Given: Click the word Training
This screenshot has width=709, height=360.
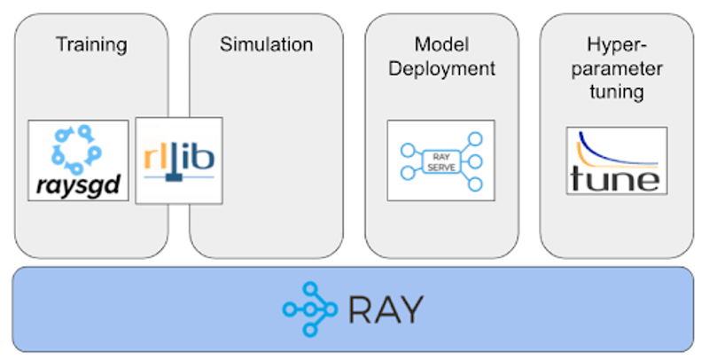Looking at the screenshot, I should (x=91, y=43).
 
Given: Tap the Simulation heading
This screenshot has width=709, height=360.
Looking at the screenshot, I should (x=266, y=43).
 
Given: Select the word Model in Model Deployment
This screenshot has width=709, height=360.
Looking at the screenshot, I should (x=440, y=43).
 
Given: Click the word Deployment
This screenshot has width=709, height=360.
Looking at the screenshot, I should (x=440, y=68).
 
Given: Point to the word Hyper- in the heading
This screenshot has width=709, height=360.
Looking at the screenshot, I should (x=614, y=43).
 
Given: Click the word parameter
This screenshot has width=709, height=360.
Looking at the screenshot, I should (x=614, y=67).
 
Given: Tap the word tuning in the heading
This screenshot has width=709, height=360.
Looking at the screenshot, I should (x=614, y=91).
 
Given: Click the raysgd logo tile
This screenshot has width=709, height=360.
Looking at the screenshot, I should (x=78, y=162).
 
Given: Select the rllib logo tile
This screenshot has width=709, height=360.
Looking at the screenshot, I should (x=179, y=160).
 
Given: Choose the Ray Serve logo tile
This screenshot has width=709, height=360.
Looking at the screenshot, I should (x=440, y=160).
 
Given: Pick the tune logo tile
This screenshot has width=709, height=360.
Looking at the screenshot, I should (x=617, y=160).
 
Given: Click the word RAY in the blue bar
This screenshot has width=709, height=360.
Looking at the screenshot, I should (x=386, y=309).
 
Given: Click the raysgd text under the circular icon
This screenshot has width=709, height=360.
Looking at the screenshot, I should (x=78, y=187).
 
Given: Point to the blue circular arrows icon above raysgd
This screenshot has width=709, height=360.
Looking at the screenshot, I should (x=77, y=148).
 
